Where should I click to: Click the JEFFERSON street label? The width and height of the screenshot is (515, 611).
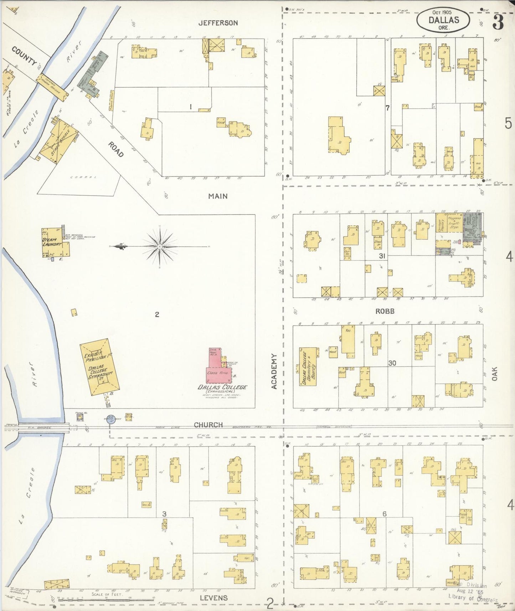218,23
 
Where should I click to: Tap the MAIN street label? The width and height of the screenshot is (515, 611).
218,196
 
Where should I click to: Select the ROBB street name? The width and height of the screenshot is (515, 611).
385,311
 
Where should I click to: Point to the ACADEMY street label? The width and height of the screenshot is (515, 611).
274,371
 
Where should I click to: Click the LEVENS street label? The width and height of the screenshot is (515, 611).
213,598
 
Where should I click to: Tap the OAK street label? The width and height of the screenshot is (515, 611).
494,374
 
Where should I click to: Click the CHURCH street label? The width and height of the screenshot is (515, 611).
208,425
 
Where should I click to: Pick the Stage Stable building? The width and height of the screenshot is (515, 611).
59,143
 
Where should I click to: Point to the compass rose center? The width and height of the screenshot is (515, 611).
160,246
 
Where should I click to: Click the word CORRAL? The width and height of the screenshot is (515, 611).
79,177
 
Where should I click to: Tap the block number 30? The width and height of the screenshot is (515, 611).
392,363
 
